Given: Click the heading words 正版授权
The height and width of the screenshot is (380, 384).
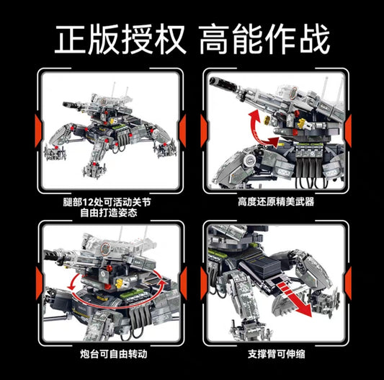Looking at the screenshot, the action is click(120, 39).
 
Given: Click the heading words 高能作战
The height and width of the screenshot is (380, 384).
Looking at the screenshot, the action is click(264, 39).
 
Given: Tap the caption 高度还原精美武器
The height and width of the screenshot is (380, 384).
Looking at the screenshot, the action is click(276, 202).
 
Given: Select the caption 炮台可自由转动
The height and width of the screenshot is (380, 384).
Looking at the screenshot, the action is click(114, 354).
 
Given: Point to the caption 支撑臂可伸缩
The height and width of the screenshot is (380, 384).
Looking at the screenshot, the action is click(277, 354).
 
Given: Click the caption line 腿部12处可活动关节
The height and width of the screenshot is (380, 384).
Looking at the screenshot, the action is click(107, 202).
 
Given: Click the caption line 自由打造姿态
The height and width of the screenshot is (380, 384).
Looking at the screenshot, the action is click(109, 213).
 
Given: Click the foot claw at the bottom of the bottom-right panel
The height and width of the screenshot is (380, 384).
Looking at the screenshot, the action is click(250, 330).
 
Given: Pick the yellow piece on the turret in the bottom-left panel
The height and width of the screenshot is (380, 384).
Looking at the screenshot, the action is click(120, 283).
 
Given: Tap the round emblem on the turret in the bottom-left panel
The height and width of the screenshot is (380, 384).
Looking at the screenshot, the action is click(105, 248).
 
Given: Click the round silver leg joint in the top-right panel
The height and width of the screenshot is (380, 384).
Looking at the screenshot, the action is click(249, 159).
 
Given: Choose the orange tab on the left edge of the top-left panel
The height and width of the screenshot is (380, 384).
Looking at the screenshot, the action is click(38, 131).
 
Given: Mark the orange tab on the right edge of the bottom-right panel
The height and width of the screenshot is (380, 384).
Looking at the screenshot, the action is click(348, 283).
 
